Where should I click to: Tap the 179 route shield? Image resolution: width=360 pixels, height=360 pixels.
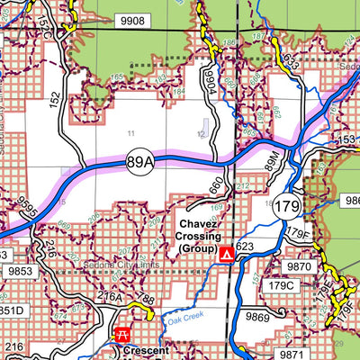pyautogui.click(x=287, y=204)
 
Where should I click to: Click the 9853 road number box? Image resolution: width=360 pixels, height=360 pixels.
pyautogui.click(x=20, y=269)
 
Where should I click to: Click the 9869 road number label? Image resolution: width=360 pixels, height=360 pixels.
pyautogui.click(x=257, y=316)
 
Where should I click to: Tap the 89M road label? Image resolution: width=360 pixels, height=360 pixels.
pyautogui.click(x=274, y=162)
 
